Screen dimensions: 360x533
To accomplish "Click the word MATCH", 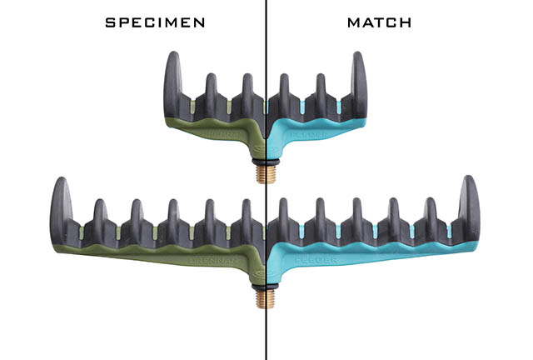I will pyautogui.click(x=380, y=23).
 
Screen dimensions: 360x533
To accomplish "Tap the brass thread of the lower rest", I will pyautogui.click(x=266, y=296).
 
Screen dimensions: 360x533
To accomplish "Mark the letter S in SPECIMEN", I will pyautogui.click(x=110, y=23).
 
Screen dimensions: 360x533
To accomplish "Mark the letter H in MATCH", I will pyautogui.click(x=406, y=23).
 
